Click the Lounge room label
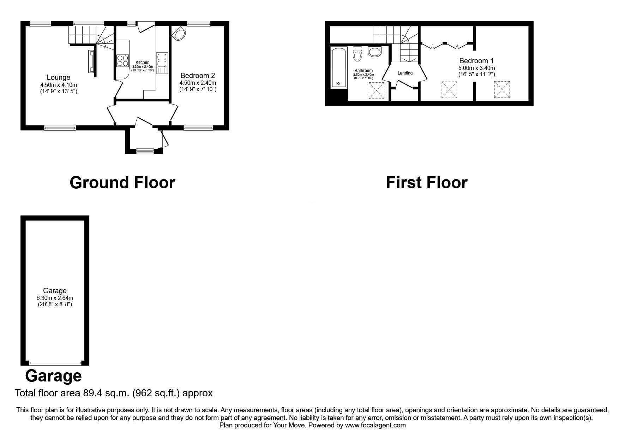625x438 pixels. coord(59,77)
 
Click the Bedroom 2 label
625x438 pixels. coord(198,76)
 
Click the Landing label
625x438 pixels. coord(405,73)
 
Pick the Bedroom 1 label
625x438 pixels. coord(476,61)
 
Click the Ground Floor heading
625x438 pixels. coord(122,183)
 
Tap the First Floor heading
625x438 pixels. coord(427,183)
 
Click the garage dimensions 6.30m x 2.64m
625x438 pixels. coord(55,298)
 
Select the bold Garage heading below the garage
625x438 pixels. coord(53,376)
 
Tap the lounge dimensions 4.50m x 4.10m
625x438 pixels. coord(59,85)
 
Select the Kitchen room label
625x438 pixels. coord(143,63)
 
